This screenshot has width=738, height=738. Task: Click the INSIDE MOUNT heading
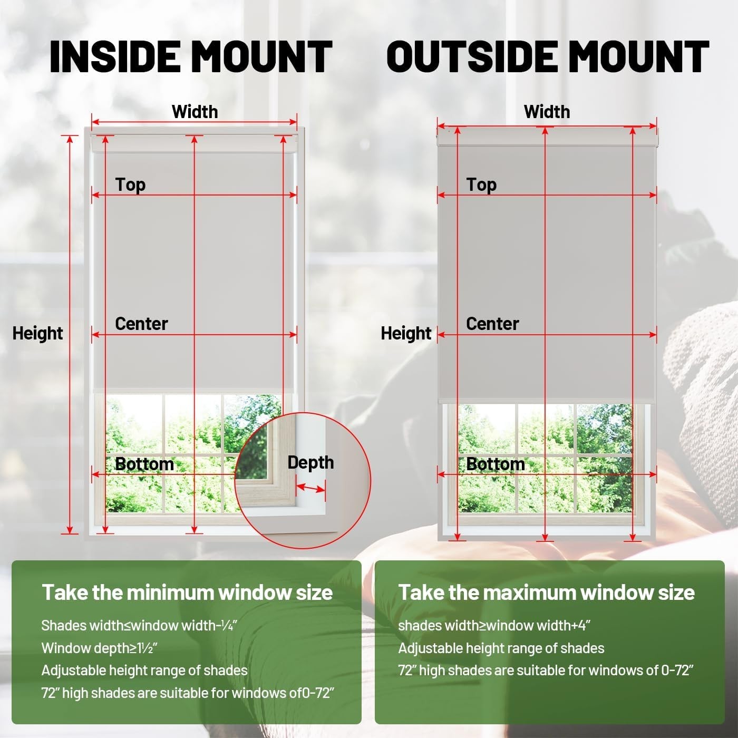click(x=191, y=57)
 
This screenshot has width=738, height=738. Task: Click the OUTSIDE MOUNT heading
click(x=548, y=57)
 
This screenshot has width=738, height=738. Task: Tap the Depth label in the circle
click(x=310, y=463)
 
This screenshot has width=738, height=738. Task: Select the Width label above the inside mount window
click(x=195, y=112)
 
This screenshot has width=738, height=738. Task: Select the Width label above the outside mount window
click(x=547, y=112)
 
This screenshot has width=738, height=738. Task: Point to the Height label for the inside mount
click(x=37, y=333)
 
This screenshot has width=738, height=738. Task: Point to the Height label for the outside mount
click(x=406, y=333)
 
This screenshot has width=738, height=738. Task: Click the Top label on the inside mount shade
click(x=130, y=185)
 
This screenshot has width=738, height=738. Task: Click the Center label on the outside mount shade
click(x=492, y=324)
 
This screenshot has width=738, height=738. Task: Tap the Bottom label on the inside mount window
click(x=144, y=464)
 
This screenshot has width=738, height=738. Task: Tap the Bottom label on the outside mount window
click(x=496, y=464)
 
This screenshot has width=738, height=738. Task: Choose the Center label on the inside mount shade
click(x=141, y=324)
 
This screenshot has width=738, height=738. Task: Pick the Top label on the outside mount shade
click(x=481, y=185)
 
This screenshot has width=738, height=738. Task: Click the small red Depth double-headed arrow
click(x=310, y=488)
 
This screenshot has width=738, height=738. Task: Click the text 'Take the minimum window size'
click(x=187, y=593)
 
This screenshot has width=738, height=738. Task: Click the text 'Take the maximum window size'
click(x=547, y=593)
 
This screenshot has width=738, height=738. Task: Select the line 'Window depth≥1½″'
click(x=100, y=648)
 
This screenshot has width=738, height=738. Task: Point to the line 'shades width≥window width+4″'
click(x=494, y=625)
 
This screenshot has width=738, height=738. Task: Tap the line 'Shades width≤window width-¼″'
click(x=139, y=625)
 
